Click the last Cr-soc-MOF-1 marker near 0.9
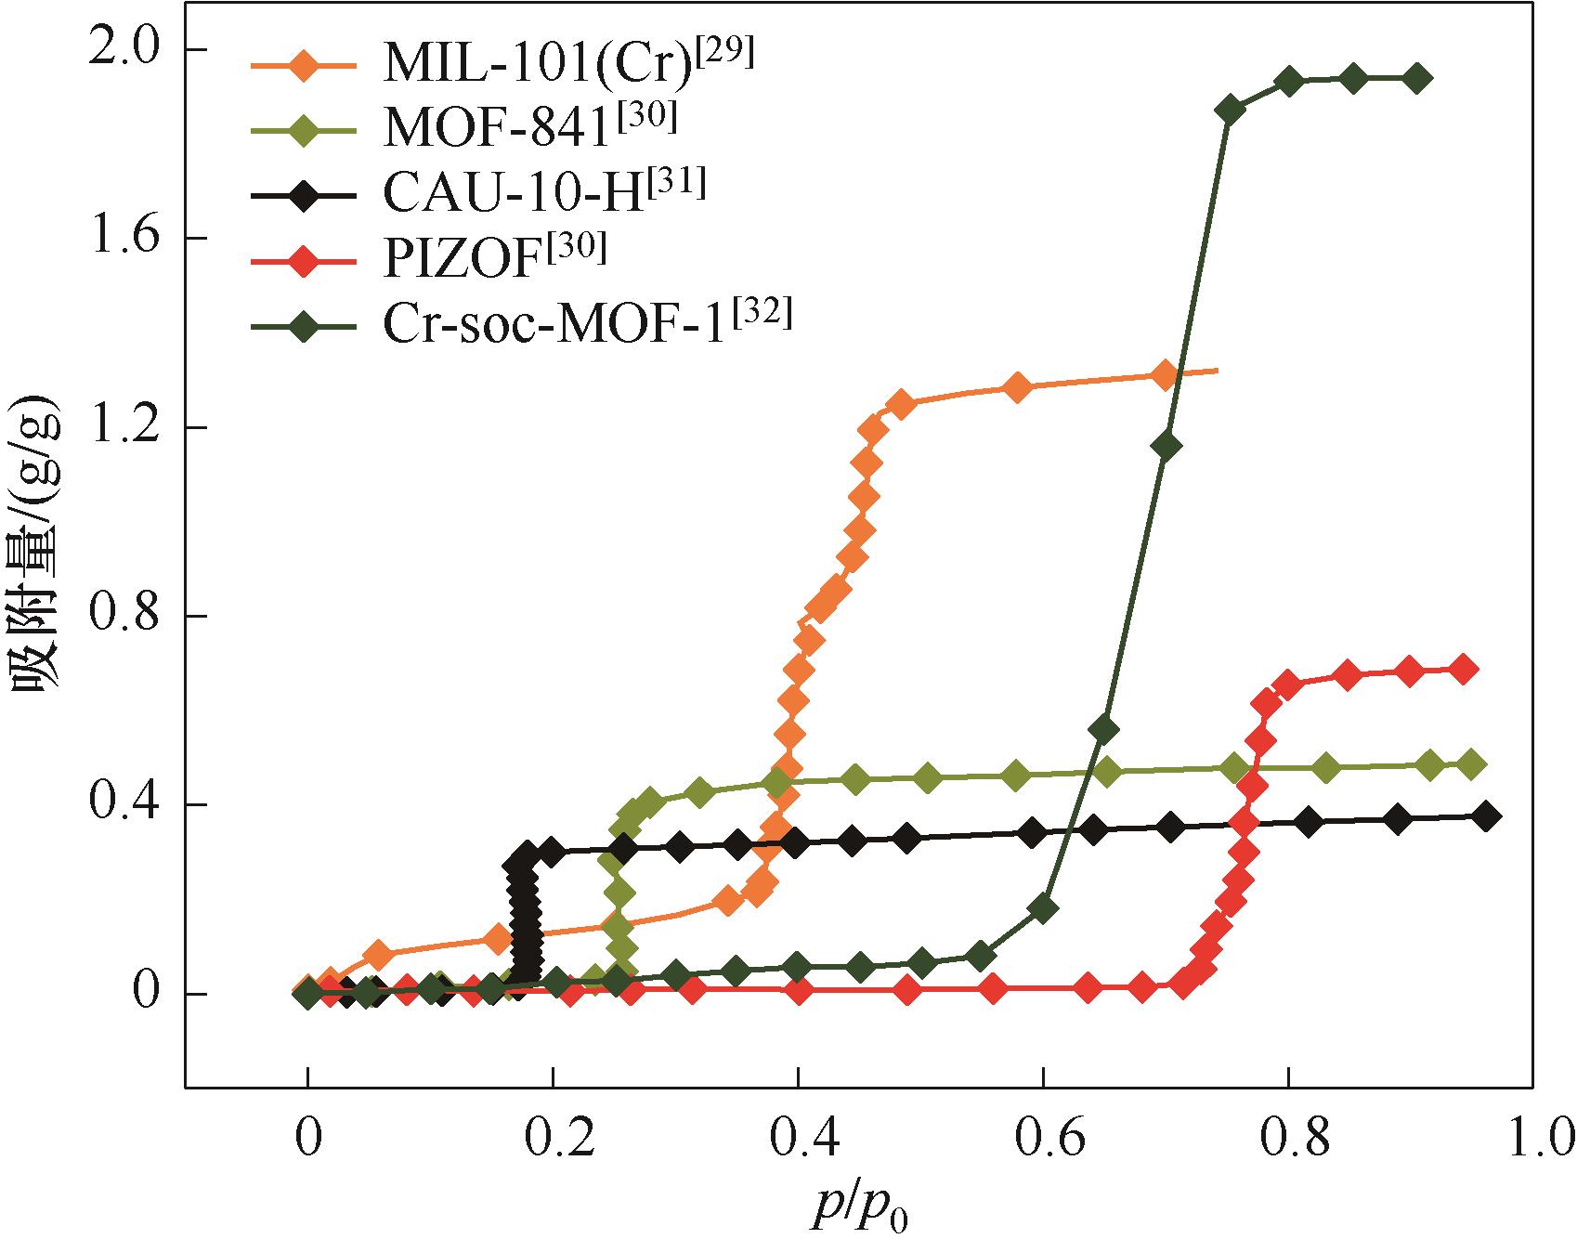[1416, 79]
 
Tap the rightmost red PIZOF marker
[1463, 670]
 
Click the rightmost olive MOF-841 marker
[1470, 764]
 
